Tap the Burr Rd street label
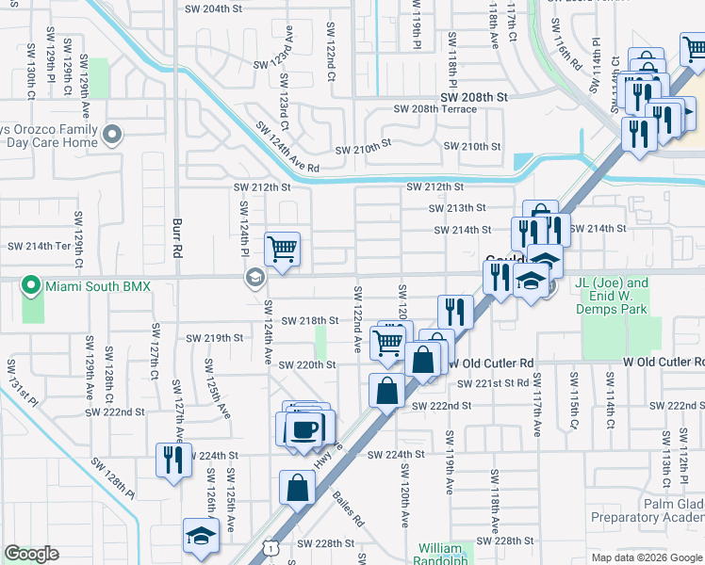point(176,239)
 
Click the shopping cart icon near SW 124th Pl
point(282,250)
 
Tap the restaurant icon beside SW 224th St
point(173,460)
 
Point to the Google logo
point(32,554)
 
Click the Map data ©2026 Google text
point(646,557)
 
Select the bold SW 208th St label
point(473,97)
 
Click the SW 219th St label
point(214,337)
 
